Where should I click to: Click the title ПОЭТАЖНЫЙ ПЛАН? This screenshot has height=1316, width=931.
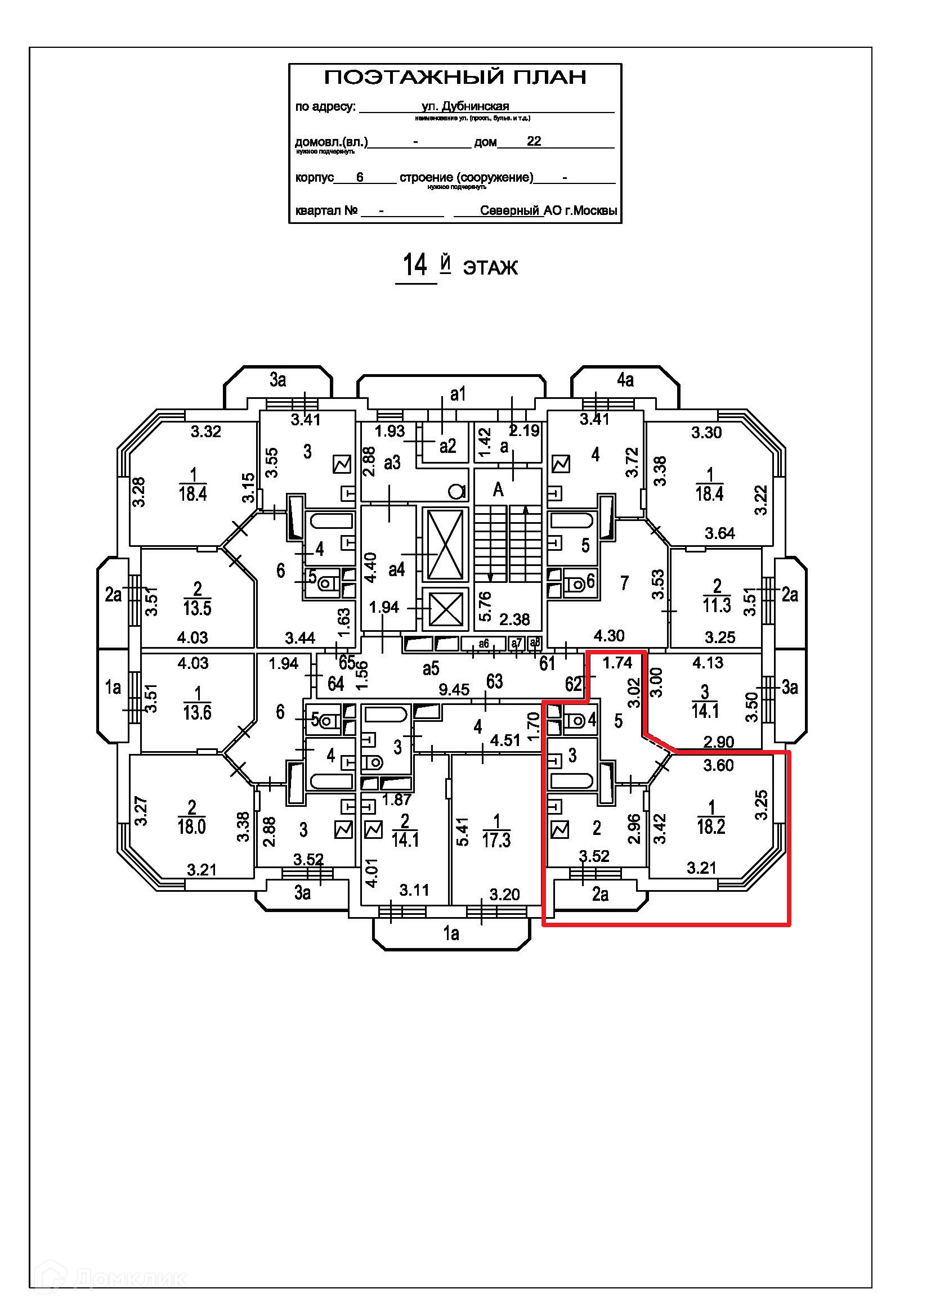click(x=455, y=78)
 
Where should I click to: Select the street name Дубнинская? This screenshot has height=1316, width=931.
click(x=475, y=106)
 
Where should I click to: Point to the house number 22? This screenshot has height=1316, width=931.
click(x=534, y=141)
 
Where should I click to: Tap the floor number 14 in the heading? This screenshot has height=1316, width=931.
click(x=414, y=266)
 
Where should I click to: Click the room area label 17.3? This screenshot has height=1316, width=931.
click(x=496, y=840)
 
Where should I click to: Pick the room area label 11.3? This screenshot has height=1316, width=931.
click(x=717, y=605)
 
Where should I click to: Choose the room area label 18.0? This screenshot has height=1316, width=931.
click(x=191, y=827)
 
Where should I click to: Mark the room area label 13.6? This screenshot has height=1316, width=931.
click(x=197, y=712)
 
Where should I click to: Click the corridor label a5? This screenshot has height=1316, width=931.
click(x=431, y=668)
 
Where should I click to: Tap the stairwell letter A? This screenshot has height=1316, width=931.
click(x=498, y=489)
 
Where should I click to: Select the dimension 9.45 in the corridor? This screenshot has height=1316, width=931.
click(x=454, y=690)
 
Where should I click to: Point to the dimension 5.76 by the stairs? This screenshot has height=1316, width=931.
click(x=485, y=606)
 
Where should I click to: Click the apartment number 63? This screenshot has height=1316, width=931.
click(x=494, y=681)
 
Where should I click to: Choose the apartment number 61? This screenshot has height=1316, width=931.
click(x=548, y=663)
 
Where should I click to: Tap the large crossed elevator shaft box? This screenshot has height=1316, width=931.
click(x=445, y=545)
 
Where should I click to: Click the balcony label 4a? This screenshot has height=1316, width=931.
click(x=625, y=380)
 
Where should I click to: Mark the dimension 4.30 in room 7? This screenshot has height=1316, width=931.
click(x=609, y=636)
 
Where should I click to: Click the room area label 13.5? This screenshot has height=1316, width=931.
click(x=197, y=608)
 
